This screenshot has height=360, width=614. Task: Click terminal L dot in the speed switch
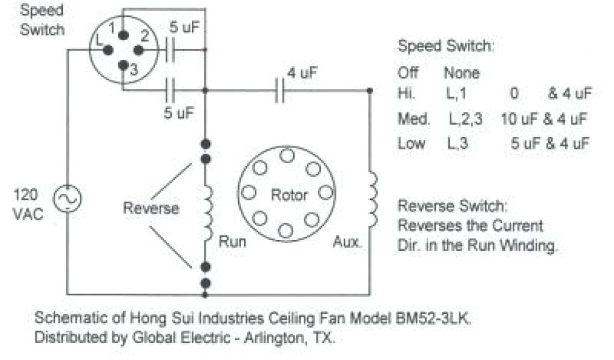pyautogui.click(x=109, y=51)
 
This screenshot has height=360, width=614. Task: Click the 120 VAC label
pyautogui.click(x=26, y=204)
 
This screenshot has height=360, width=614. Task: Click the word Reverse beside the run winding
pyautogui.click(x=151, y=208)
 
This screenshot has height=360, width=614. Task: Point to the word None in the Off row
pyautogui.click(x=461, y=73)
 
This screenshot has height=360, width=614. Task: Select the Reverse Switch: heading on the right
pyautogui.click(x=452, y=207)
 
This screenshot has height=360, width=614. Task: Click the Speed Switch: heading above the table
pyautogui.click(x=446, y=46)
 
